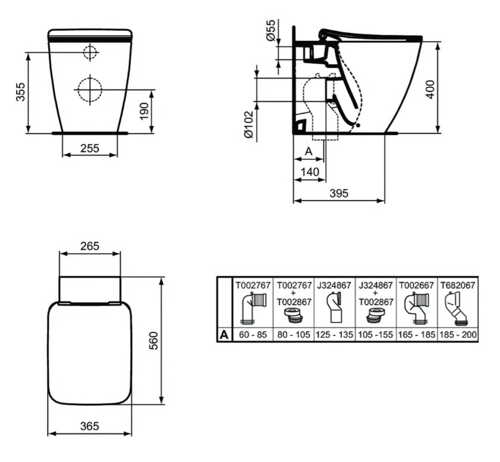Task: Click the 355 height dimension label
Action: (20, 92)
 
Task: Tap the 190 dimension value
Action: (144, 111)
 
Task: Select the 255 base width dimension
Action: (90, 148)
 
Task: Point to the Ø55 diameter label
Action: (271, 30)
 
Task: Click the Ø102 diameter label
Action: (249, 125)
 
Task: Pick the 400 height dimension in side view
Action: (430, 90)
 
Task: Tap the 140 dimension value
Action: (310, 172)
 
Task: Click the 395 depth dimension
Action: (339, 193)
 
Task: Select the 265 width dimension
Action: (90, 246)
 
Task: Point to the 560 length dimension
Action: (153, 341)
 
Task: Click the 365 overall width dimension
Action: (90, 426)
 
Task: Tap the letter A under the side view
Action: (309, 151)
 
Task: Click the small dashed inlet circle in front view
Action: (90, 52)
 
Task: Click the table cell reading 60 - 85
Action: (253, 335)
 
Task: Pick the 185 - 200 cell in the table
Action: (458, 335)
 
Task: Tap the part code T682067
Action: (458, 285)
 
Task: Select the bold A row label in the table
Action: (224, 335)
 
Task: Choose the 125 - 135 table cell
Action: (335, 335)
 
